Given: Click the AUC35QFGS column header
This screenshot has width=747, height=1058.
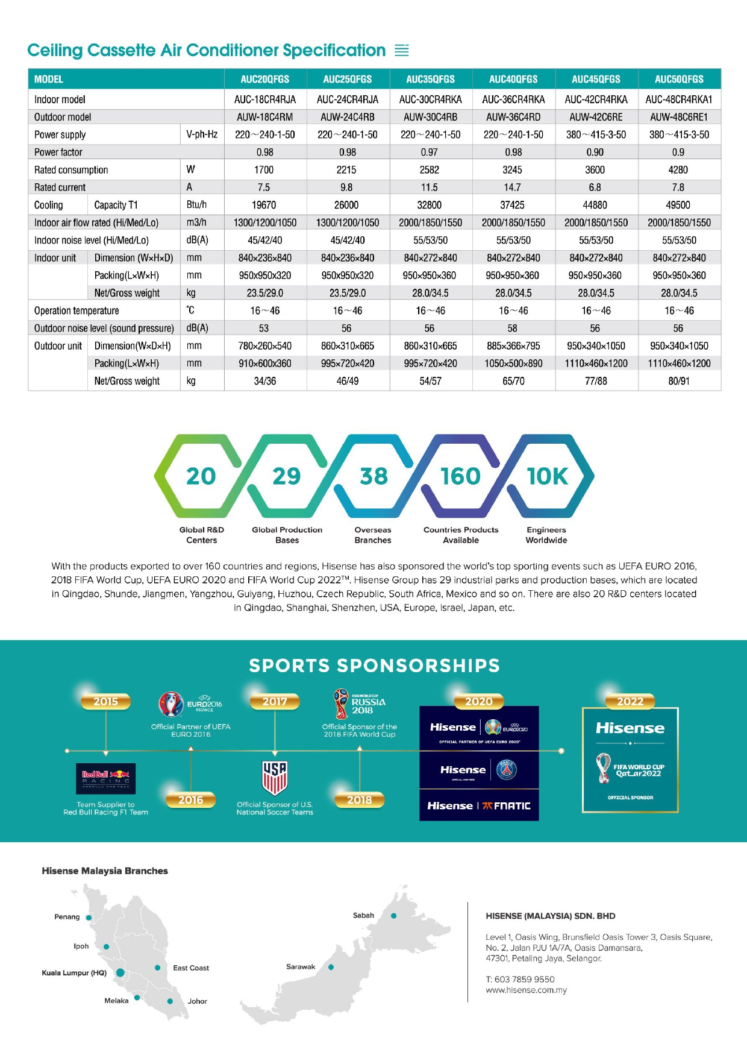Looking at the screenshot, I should (x=430, y=79).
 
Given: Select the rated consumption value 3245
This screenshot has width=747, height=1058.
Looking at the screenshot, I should (x=512, y=170).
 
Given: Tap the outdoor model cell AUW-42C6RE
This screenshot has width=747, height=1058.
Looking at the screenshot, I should (x=595, y=117).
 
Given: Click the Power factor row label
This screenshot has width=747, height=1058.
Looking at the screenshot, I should (x=58, y=153).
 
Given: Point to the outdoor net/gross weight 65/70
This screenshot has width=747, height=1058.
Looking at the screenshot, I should (x=513, y=381).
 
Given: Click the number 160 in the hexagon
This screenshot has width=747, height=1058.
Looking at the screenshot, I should (x=460, y=476).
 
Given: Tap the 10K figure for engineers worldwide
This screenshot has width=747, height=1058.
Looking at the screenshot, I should (x=547, y=476).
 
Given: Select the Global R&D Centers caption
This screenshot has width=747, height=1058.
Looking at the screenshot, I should (x=201, y=535).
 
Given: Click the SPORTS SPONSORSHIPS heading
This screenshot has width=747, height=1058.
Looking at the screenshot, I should (x=374, y=666).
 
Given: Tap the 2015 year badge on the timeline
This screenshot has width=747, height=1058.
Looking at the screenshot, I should (x=106, y=701).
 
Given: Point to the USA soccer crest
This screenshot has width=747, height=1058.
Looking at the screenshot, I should (x=275, y=778).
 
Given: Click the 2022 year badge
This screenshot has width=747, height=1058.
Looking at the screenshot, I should (x=630, y=701).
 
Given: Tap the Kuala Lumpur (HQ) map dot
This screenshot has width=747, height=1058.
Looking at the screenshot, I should (x=120, y=972).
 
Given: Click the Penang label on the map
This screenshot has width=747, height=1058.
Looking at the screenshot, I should (x=67, y=917).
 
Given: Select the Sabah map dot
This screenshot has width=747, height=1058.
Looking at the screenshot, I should (x=394, y=916).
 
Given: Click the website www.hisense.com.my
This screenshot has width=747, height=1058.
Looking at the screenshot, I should (x=526, y=990).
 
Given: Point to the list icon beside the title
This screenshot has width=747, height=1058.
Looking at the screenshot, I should (x=402, y=51).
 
